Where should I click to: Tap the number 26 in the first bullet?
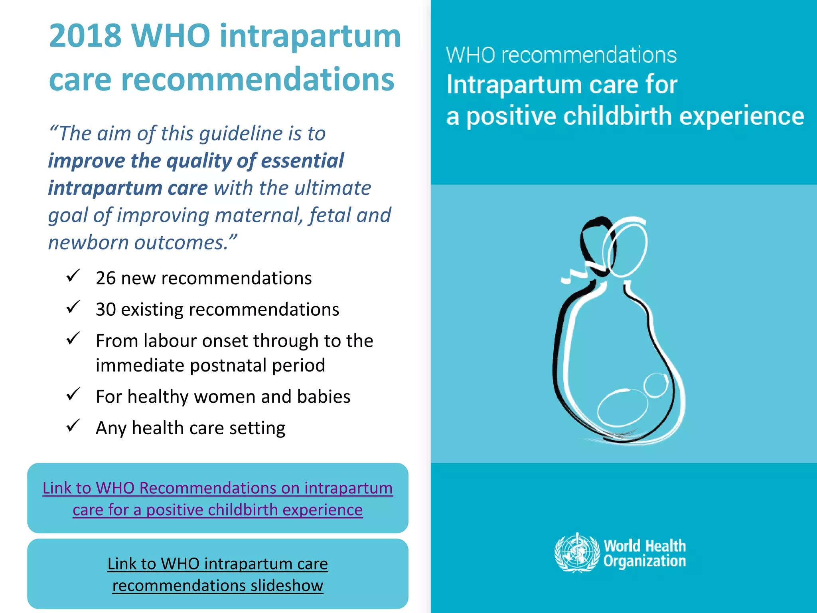[106, 278]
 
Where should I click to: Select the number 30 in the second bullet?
[106, 310]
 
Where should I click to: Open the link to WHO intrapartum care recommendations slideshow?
[218, 575]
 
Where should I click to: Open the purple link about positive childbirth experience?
[218, 499]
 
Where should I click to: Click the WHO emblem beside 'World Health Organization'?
[577, 553]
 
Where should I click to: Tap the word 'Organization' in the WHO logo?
[645, 561]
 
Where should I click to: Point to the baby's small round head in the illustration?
[656, 385]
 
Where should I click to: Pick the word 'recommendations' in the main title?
[258, 79]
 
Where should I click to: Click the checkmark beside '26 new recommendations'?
[73, 276]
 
